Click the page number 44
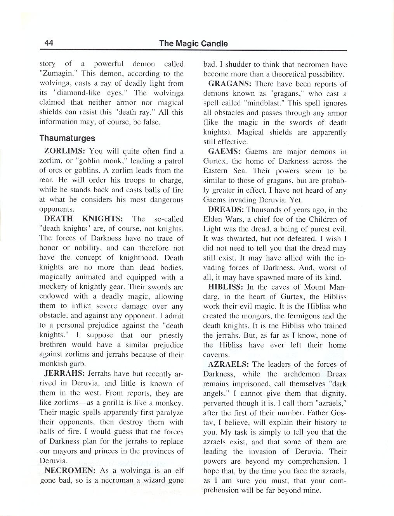[x=49, y=43]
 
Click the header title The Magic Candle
[x=193, y=44]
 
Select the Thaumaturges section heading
[x=67, y=138]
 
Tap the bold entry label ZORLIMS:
[x=64, y=151]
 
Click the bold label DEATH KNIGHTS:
[x=83, y=219]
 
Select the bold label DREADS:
[x=226, y=210]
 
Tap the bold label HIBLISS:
[x=226, y=287]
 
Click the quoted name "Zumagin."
[x=55, y=74]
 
